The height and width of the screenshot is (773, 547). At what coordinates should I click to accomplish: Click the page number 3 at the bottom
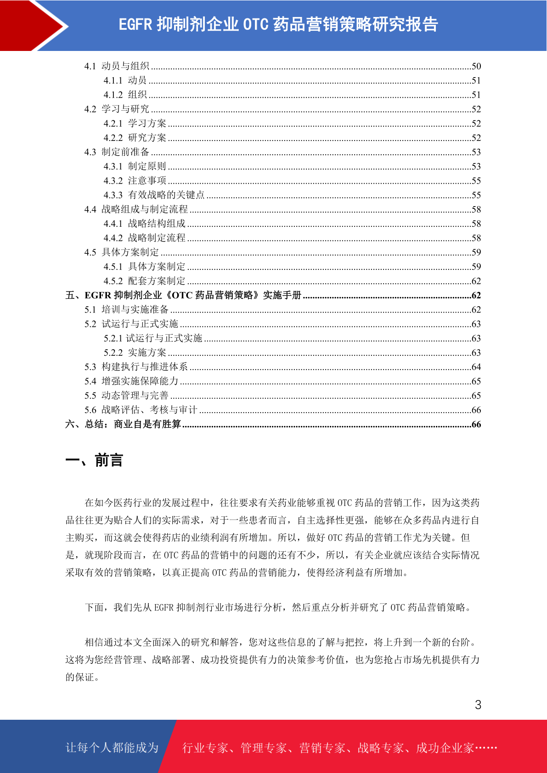click(478, 705)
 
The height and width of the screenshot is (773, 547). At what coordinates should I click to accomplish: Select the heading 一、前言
click(94, 460)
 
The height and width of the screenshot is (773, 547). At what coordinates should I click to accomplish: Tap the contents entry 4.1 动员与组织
click(117, 66)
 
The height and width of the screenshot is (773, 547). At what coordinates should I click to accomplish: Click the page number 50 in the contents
click(476, 66)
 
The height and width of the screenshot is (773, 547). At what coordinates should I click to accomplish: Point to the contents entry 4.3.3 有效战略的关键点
click(154, 195)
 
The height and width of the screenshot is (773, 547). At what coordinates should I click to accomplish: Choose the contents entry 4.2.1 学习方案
click(135, 123)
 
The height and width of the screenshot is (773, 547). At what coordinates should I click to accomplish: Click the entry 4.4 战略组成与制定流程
click(136, 209)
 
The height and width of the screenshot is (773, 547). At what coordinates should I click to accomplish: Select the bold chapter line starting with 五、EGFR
click(183, 295)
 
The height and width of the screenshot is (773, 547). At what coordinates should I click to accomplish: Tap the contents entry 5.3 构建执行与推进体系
click(136, 367)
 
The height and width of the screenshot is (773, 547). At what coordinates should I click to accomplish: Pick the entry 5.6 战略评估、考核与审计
click(141, 410)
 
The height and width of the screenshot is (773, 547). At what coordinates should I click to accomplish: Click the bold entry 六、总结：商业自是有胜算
click(123, 424)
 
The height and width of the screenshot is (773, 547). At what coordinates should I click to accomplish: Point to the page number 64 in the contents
click(476, 367)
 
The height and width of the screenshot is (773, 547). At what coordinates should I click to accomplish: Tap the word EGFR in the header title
click(135, 24)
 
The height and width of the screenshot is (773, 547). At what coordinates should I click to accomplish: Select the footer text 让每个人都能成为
click(112, 748)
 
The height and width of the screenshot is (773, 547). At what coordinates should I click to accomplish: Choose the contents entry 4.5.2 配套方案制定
click(144, 281)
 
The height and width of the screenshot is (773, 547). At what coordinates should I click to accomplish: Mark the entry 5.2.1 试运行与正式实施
click(153, 338)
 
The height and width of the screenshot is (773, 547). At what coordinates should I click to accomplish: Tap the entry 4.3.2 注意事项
click(135, 181)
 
